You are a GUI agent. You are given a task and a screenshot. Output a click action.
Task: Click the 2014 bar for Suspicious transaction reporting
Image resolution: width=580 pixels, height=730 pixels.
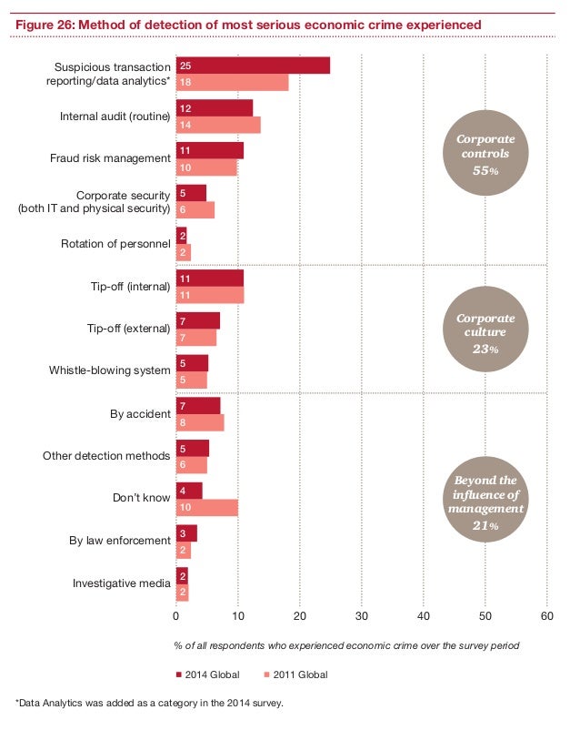click(x=253, y=66)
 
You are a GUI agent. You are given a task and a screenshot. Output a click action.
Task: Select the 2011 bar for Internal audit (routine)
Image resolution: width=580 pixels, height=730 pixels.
click(x=218, y=126)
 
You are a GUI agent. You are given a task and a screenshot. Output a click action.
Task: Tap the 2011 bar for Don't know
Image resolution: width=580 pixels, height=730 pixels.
click(x=206, y=508)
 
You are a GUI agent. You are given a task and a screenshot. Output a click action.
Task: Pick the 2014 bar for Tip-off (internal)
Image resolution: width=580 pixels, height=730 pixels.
click(x=210, y=279)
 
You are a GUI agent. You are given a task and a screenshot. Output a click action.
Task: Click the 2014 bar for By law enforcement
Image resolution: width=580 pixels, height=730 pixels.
click(x=186, y=533)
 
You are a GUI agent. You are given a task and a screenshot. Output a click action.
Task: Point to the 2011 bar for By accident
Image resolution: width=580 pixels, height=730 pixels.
click(x=200, y=422)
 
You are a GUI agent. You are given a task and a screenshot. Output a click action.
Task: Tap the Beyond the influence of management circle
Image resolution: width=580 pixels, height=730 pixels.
click(x=485, y=502)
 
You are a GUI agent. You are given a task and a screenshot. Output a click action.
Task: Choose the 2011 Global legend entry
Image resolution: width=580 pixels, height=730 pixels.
click(x=295, y=674)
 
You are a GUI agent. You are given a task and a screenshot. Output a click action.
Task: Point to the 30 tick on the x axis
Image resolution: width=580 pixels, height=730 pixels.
click(x=361, y=615)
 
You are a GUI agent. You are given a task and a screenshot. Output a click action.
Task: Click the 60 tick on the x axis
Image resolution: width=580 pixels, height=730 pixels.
click(x=546, y=615)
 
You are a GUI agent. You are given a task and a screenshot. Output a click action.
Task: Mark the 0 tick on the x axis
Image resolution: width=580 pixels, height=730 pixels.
click(x=175, y=615)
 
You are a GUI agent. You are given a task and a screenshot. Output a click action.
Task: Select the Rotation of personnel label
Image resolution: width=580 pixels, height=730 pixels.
click(x=115, y=244)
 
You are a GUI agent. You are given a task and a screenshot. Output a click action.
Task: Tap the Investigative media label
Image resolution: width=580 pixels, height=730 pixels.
click(x=122, y=583)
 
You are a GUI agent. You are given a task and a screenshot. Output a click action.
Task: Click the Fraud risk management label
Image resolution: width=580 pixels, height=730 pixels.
click(x=110, y=158)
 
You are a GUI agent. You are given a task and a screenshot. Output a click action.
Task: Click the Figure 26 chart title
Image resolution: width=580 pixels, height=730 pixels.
click(x=248, y=22)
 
